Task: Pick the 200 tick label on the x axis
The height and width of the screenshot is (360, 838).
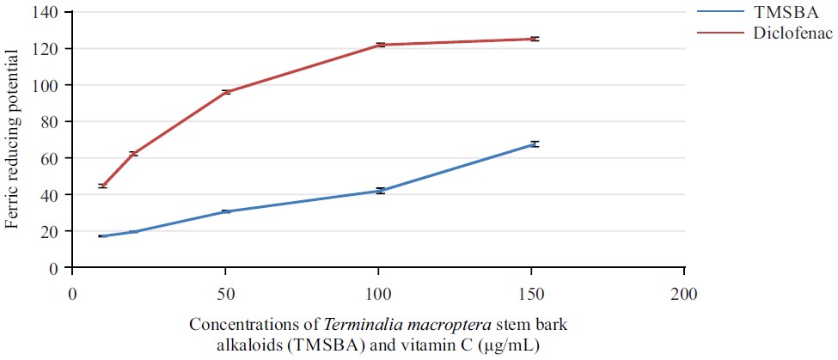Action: [685, 293]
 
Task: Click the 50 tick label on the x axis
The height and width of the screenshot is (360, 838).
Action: [225, 293]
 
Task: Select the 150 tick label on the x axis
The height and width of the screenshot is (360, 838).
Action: [532, 293]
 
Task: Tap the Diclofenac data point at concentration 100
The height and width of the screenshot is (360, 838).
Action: [379, 45]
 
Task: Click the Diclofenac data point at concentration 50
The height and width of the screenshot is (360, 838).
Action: [226, 92]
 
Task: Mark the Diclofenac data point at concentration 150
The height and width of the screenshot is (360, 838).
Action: [534, 39]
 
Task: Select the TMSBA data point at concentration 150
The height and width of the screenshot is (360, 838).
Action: [534, 144]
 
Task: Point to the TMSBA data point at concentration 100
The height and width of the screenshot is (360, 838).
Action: [379, 191]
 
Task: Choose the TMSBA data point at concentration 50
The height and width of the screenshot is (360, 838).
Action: [226, 211]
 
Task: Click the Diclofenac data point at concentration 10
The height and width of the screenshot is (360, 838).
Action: [103, 186]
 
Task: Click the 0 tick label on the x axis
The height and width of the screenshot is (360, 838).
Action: [73, 293]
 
